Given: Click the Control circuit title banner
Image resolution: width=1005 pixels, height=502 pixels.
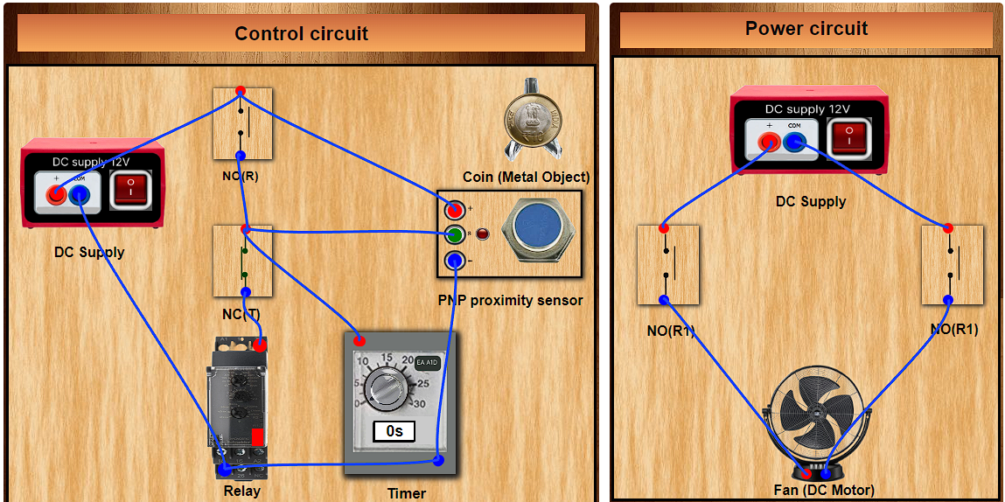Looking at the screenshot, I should click(301, 34).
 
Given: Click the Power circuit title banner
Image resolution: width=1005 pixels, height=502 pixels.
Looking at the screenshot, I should click(806, 29).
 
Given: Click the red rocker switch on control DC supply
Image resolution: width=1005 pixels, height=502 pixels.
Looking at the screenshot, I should click(130, 189).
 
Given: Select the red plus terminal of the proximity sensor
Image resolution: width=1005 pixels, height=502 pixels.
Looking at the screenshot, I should click(454, 210).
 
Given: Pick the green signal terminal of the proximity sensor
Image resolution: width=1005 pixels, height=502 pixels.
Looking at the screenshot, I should click(454, 234).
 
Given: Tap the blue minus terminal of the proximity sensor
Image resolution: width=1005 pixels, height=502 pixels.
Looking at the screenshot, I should click(454, 260).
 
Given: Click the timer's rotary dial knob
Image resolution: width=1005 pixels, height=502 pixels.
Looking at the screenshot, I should click(384, 385).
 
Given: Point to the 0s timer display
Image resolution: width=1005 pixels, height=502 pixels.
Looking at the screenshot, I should click(394, 431).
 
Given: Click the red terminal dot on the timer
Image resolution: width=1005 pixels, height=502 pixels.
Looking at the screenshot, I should click(359, 339).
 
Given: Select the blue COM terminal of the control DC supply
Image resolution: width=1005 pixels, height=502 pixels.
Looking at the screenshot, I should click(79, 195).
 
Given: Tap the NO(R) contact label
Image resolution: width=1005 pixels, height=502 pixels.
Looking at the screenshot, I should click(241, 175).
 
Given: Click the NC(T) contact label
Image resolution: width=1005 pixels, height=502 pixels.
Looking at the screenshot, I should click(241, 314).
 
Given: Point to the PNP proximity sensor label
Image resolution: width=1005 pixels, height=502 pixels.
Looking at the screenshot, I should click(510, 300).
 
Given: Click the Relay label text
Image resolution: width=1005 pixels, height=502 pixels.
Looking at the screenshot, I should click(241, 491).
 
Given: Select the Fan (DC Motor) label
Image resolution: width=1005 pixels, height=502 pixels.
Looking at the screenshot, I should click(824, 490).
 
